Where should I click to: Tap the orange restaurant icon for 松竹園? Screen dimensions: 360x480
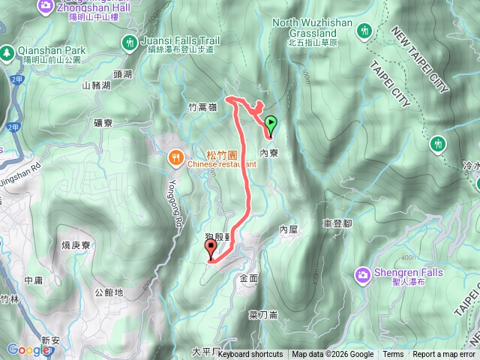point(175,157)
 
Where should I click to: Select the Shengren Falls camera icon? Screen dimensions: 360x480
point(362,274)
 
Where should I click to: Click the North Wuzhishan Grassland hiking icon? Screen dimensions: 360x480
point(364,31)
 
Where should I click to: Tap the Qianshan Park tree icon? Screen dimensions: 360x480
point(7,52)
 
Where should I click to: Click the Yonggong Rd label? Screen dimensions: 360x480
point(177,202)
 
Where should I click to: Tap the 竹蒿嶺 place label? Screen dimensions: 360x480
point(202,108)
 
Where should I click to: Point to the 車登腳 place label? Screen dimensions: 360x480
point(337,223)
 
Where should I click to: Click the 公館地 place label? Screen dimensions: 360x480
point(109,292)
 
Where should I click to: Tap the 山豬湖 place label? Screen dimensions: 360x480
point(96,85)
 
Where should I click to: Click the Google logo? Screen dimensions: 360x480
point(28,349)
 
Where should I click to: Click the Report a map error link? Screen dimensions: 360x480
point(443,355)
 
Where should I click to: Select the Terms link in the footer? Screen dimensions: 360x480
point(393,355)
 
